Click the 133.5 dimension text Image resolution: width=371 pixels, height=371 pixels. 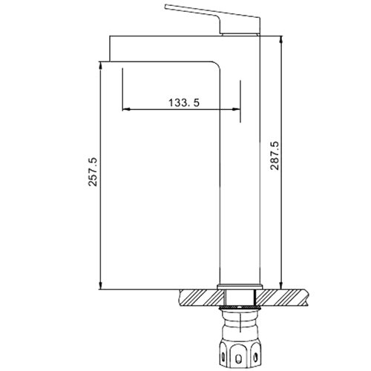coord(181,103)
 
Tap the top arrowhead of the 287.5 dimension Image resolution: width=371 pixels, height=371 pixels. coord(281,39)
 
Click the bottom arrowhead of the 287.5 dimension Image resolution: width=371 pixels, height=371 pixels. coord(281,285)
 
